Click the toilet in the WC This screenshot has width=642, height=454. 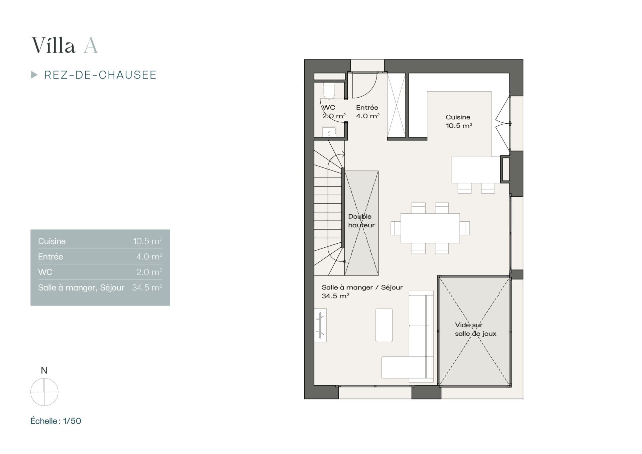click(329, 91)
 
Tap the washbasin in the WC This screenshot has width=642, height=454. click(329, 132)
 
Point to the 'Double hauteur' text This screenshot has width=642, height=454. click(361, 221)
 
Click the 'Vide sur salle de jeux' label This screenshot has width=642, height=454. click(475, 329)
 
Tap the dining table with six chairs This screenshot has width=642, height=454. click(430, 228)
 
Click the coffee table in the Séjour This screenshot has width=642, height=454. click(384, 325)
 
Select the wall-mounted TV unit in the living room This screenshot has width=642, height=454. click(320, 325)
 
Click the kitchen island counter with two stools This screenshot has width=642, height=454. click(476, 169)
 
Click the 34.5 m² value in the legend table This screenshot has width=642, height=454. click(147, 288)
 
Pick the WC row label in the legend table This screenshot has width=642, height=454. click(45, 272)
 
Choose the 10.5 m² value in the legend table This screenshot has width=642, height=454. click(148, 241)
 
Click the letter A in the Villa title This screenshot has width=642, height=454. click(91, 45)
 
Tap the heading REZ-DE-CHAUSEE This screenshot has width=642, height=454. click(100, 75)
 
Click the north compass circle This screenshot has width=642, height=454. click(44, 392)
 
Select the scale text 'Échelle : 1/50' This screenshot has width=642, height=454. click(56, 421)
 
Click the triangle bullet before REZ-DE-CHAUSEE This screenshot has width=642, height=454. click(34, 75)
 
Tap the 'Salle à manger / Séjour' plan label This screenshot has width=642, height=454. click(362, 287)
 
